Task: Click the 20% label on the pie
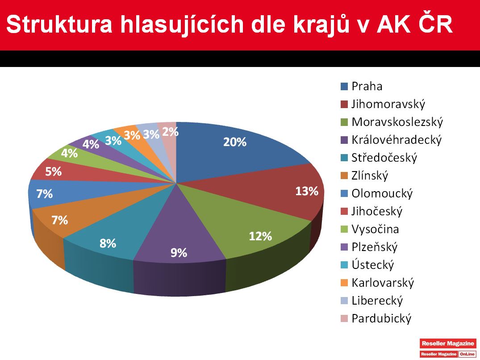click(x=235, y=142)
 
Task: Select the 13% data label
click(x=307, y=191)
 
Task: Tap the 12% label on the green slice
click(x=260, y=236)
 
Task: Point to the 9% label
click(x=179, y=252)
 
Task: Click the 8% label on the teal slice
click(x=108, y=243)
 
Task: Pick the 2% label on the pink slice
click(x=170, y=132)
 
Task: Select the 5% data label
click(x=54, y=172)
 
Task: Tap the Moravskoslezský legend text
click(x=397, y=122)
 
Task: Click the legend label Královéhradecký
click(x=397, y=140)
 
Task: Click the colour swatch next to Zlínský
click(x=344, y=176)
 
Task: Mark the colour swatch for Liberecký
click(x=344, y=301)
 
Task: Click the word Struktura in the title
click(x=59, y=25)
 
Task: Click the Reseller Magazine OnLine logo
click(x=448, y=347)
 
